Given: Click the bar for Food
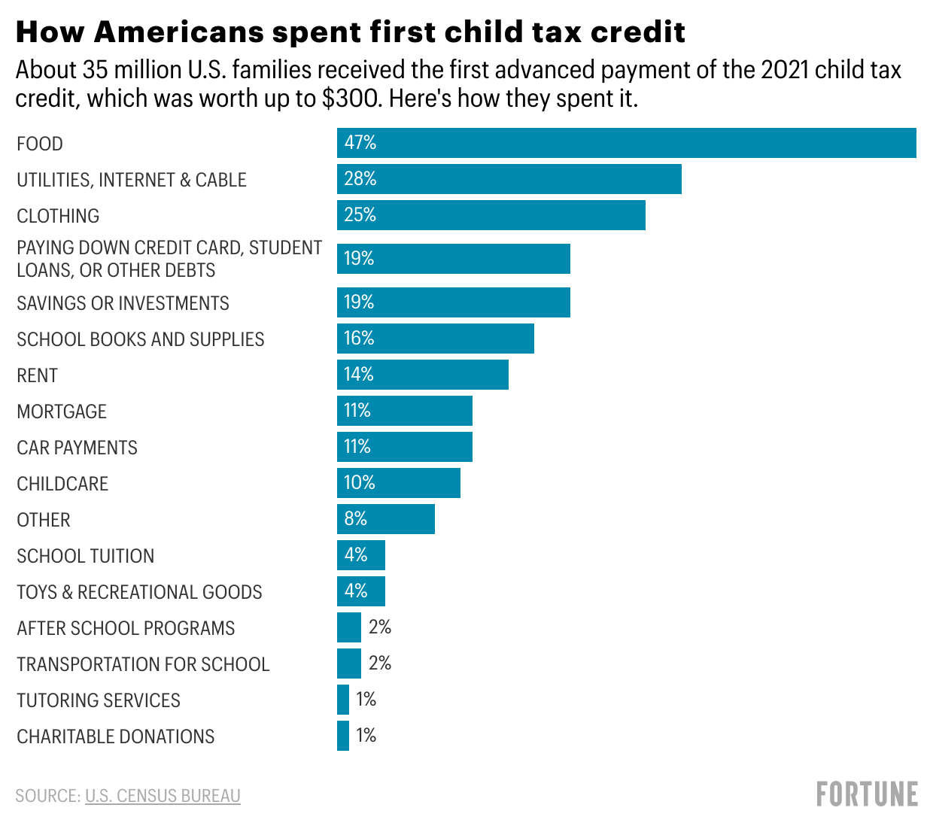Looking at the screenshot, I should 626,143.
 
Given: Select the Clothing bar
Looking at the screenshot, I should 491,215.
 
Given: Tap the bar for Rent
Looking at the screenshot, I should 422,375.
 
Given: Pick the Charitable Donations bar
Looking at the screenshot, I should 343,736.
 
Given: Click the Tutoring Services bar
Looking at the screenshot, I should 343,700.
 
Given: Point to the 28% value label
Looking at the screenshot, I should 360,179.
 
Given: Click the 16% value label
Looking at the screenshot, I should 359,339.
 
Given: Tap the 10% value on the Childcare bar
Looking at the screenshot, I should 359,483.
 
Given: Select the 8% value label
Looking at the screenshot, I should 355,519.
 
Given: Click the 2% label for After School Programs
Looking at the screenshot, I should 380,627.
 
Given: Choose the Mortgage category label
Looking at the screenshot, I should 62,411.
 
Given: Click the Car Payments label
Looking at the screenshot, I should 77,448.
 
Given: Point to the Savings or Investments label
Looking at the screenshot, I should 123,303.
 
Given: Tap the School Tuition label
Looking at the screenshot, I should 85,556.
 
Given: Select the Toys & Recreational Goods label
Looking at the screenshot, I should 139,592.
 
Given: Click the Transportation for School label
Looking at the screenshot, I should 143,664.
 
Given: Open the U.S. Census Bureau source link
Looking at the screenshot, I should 163,796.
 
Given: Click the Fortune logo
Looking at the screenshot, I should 867,794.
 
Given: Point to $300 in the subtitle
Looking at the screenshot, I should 349,99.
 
